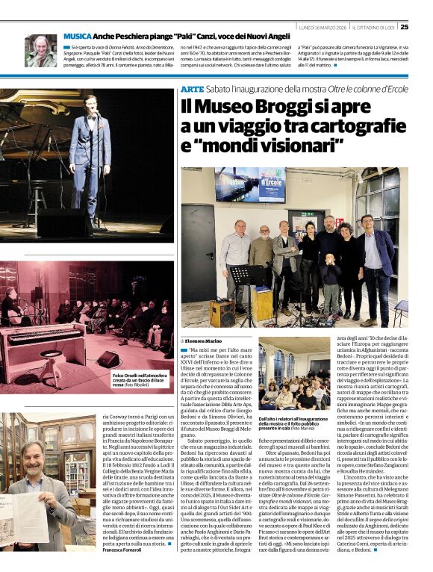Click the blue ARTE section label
[x=191, y=90]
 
